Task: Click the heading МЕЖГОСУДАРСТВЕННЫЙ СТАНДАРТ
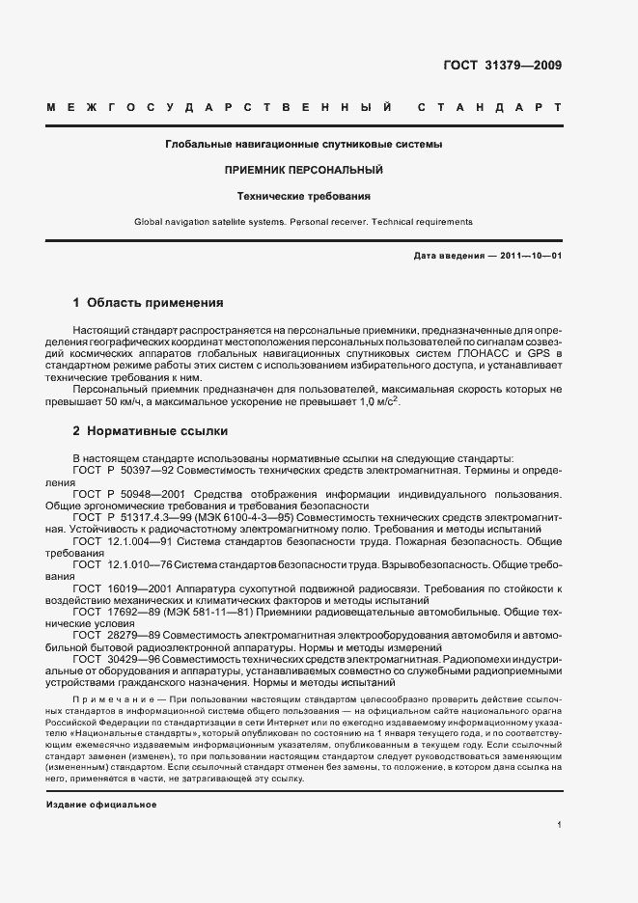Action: coord(303,108)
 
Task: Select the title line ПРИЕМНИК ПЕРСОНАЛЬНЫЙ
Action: coord(303,170)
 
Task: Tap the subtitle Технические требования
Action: coord(303,196)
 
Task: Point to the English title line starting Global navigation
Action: coord(303,222)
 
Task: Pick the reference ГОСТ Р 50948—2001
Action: coord(125,493)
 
